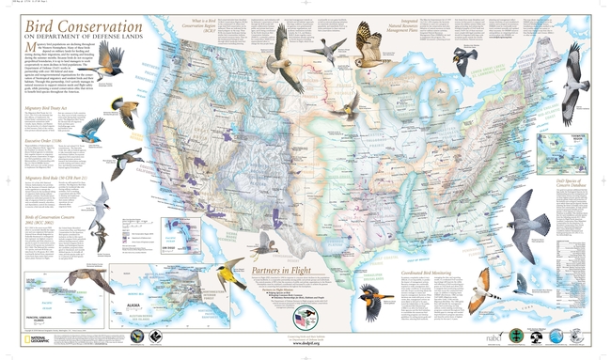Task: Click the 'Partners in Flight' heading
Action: click(x=282, y=270)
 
